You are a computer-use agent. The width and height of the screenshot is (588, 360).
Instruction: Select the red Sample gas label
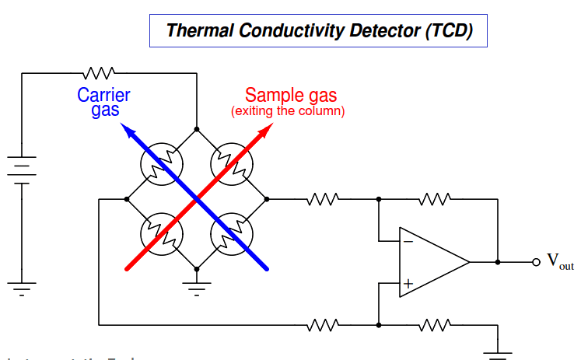tap(291, 96)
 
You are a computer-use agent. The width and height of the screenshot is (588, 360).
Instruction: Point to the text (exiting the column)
tap(288, 112)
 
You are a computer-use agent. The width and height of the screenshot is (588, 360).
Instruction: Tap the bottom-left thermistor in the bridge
tap(161, 232)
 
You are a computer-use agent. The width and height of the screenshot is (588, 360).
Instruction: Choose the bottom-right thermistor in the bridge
tap(232, 232)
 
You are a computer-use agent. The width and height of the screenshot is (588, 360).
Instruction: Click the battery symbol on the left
tap(23, 169)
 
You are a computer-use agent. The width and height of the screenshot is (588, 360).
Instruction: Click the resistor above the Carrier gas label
tap(99, 72)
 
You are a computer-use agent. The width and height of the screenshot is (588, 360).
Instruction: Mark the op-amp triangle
tap(432, 262)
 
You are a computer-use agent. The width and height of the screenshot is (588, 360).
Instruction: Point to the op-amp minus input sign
tap(408, 240)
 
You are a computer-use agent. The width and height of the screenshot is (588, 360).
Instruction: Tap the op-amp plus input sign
tap(408, 285)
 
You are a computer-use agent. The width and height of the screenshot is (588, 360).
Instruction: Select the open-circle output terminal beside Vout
tap(535, 262)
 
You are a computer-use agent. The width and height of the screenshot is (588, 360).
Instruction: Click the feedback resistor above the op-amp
tap(435, 199)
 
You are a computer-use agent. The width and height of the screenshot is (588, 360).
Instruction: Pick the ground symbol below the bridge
tap(197, 288)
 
